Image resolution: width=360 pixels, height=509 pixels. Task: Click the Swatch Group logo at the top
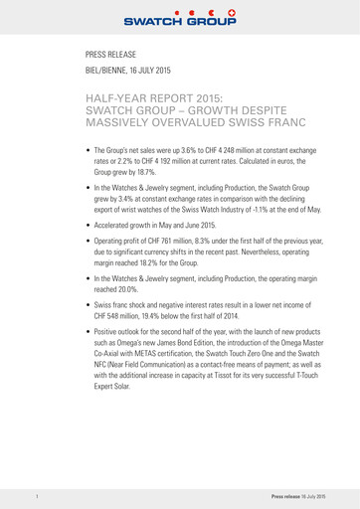tap(179, 16)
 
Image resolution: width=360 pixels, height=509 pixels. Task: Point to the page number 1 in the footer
tap(35, 494)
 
